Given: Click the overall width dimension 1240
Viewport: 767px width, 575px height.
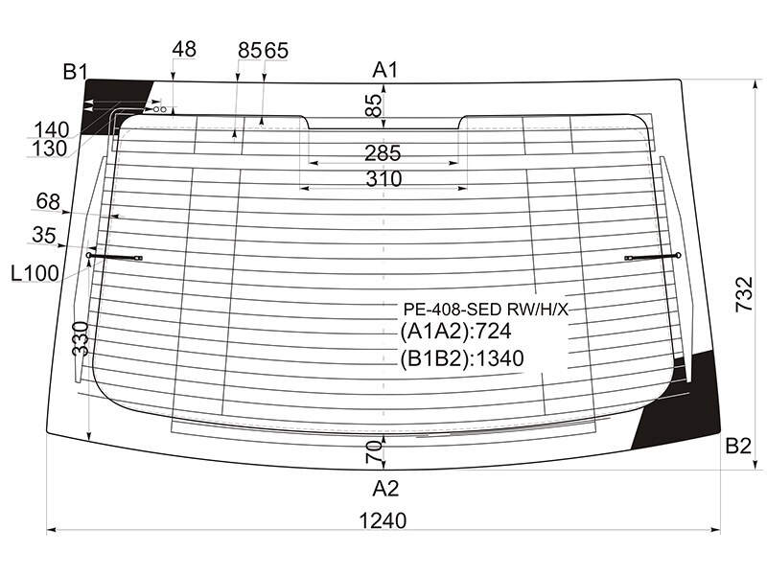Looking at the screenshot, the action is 383,521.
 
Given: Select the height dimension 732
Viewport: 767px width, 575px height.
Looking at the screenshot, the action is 745,294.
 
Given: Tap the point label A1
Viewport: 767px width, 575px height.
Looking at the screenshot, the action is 385,70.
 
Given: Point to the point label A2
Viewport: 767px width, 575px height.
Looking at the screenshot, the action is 385,489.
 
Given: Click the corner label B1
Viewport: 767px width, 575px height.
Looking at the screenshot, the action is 75,73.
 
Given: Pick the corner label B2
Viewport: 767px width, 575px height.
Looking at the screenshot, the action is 738,446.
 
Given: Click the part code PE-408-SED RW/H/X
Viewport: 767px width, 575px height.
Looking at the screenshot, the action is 486,309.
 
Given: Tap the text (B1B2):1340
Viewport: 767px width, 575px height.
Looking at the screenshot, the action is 462,358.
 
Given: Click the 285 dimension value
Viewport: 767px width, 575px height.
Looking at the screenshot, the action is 383,153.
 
